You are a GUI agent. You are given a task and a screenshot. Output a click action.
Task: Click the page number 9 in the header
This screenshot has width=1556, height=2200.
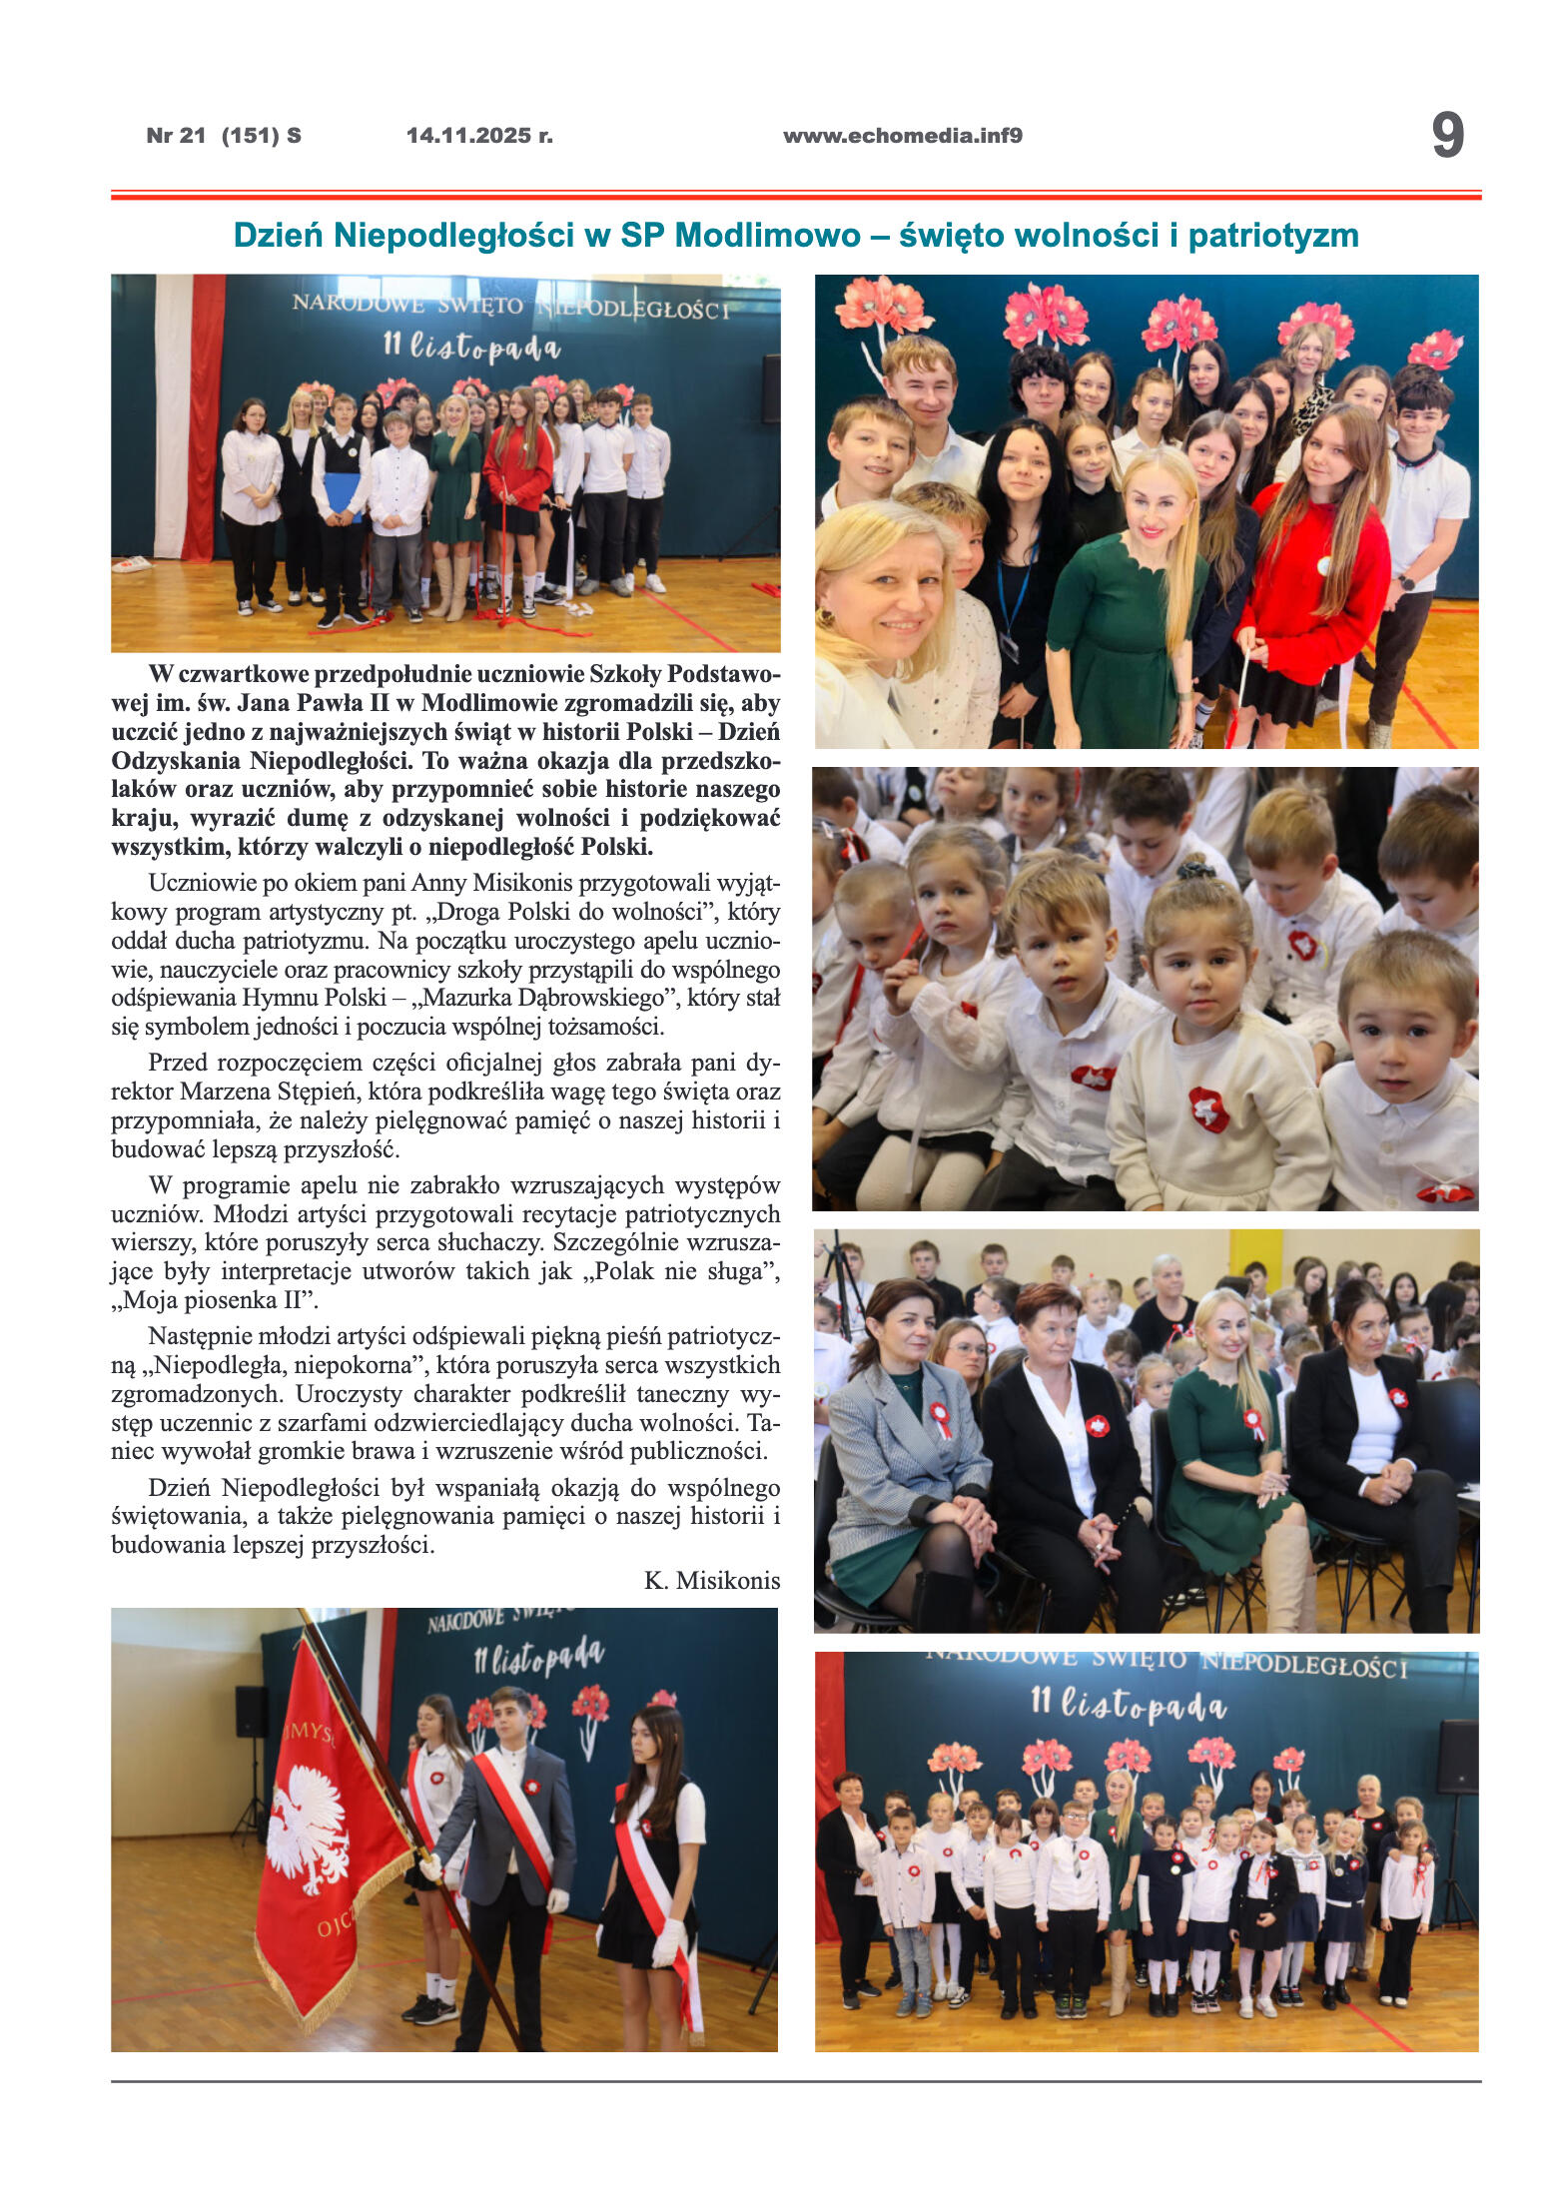(1446, 136)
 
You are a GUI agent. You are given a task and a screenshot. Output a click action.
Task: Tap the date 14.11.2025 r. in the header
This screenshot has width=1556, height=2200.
(479, 136)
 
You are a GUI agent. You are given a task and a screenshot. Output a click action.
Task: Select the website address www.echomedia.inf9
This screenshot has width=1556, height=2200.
(902, 136)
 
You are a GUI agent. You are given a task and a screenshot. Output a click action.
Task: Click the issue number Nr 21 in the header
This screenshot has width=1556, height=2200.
(176, 136)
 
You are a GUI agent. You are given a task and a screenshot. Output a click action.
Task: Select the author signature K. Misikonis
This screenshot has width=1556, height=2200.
(711, 1580)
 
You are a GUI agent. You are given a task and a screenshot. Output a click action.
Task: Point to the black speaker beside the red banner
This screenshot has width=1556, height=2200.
(251, 1712)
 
